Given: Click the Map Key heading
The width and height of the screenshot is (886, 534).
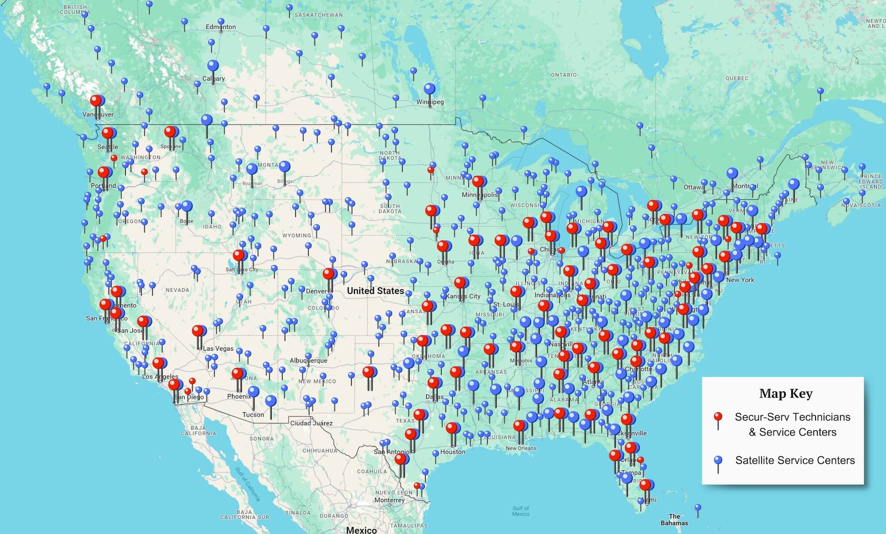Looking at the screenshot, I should click(x=785, y=394).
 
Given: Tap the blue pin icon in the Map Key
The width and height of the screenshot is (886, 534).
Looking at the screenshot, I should click(x=718, y=461).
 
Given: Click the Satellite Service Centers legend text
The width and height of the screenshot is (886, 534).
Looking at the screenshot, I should click(x=795, y=460).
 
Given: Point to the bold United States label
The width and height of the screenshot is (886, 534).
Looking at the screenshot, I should click(x=375, y=291).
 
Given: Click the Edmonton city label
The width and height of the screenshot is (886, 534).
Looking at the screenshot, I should click(x=221, y=27).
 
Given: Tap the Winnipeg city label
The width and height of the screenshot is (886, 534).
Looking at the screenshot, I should click(x=430, y=102).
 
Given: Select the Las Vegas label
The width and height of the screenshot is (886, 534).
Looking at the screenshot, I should click(x=218, y=348).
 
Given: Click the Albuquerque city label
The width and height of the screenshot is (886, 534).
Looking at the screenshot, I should click(x=308, y=360).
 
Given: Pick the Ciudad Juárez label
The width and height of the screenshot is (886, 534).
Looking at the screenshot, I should click(x=311, y=423).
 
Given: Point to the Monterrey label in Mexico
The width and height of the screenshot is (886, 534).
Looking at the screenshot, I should click(x=389, y=500).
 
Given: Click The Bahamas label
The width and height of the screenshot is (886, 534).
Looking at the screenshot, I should click(x=674, y=519).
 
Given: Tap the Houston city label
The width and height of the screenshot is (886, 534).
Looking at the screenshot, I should click(x=453, y=452).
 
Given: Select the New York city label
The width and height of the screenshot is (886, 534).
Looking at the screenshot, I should click(x=740, y=280).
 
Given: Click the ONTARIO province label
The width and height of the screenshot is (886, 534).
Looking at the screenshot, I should click(x=563, y=75).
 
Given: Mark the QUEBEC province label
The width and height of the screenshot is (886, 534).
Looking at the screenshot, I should click(x=737, y=78).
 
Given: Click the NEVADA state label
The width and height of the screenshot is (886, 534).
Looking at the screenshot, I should click(x=177, y=290).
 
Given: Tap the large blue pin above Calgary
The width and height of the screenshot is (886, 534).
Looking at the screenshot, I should click(x=213, y=66).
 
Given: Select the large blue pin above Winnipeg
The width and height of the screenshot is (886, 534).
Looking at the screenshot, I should click(x=429, y=89).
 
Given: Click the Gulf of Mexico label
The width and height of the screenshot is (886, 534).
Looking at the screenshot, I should click(x=521, y=511).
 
